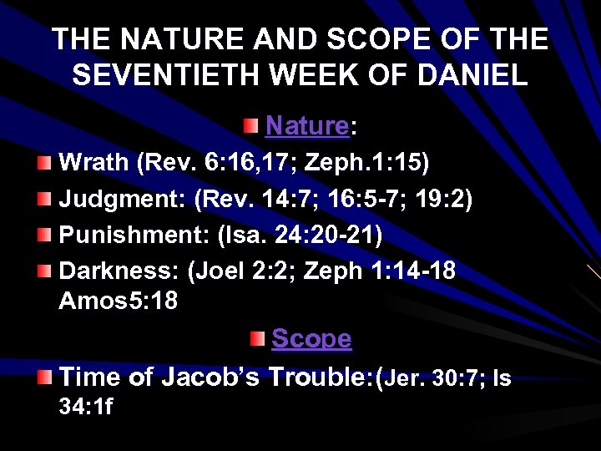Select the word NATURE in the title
point(169,39)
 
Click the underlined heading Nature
point(306,126)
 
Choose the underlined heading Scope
point(311,338)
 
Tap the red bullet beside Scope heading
point(257,337)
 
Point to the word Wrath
point(93,163)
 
